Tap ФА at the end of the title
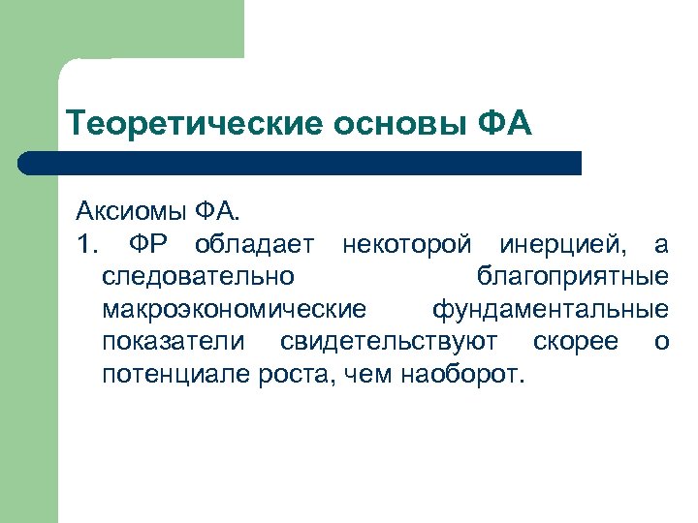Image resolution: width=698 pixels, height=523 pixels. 505,125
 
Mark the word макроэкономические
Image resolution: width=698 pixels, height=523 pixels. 234,309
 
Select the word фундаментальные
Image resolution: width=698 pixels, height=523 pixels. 550,309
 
